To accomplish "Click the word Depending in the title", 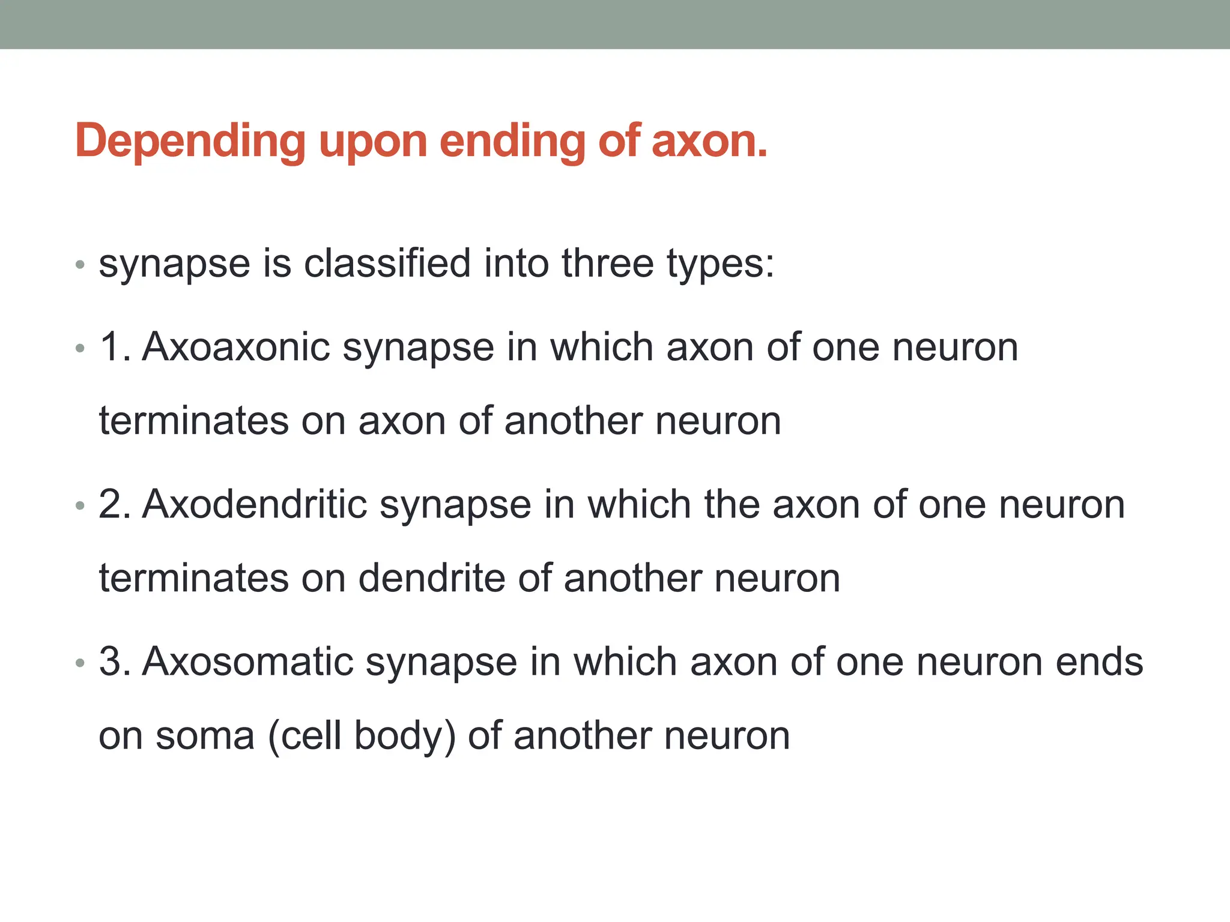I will coord(190,142).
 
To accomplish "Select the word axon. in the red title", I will coord(709,142).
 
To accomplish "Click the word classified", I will coord(387,264).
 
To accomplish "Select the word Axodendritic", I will coord(255,504).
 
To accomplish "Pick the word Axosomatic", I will coord(247,661).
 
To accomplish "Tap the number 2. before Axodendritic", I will coord(115,504).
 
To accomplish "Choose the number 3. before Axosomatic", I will coord(115,661).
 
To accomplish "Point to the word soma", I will coord(205,736).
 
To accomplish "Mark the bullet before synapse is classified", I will coord(80,265).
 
